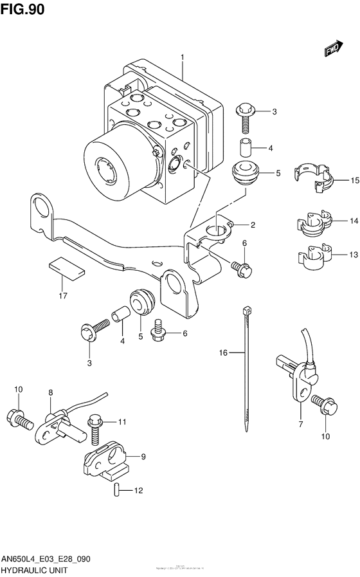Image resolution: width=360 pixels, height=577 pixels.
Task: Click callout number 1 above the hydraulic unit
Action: point(183,58)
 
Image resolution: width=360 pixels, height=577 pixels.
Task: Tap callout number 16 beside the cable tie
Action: point(224,352)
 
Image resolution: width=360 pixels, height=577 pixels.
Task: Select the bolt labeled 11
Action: point(96,428)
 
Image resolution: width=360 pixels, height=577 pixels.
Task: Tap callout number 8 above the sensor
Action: point(50,392)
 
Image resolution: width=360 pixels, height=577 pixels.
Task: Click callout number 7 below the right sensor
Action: point(300,425)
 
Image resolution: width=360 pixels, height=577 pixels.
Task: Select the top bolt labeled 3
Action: point(246,116)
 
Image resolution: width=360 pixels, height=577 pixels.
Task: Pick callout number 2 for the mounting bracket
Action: point(253,225)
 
